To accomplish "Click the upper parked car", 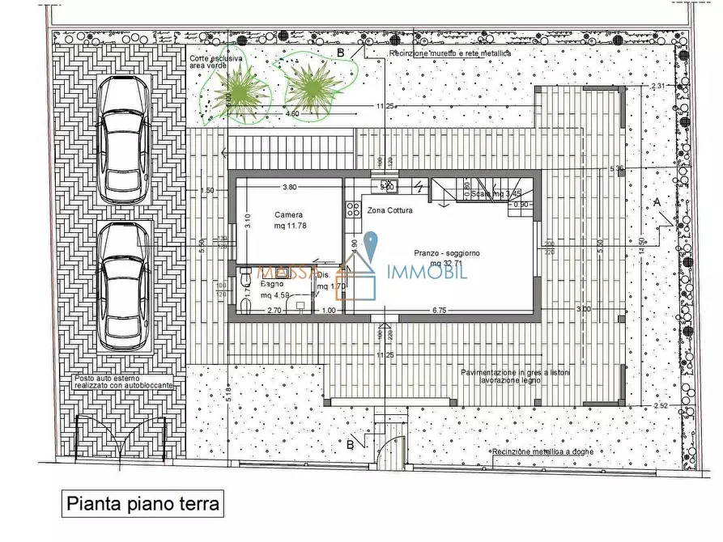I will pos(123,140).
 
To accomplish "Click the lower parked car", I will pos(123,287).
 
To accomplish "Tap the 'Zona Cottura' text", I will pos(390,210).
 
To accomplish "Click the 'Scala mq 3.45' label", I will pos(496,194).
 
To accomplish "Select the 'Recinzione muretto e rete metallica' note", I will pos(450,53).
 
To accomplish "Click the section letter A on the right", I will pos(657,201).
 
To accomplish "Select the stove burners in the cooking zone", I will pos(353,210).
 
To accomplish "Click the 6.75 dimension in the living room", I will pos(440,310).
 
